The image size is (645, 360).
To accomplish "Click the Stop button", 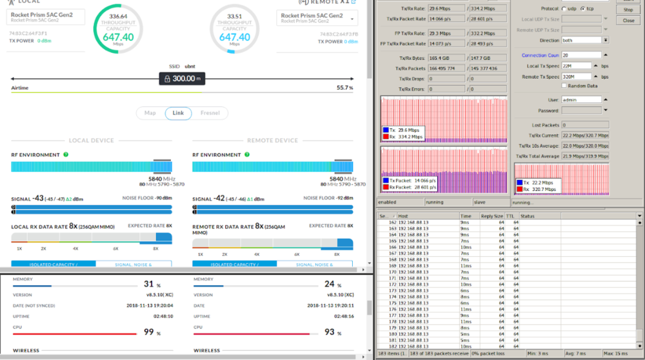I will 628,10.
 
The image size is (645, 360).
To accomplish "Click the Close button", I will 628,21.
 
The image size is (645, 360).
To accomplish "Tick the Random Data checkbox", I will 564,85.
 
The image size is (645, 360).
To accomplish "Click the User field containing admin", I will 580,99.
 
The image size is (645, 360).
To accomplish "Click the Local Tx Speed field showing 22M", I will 580,66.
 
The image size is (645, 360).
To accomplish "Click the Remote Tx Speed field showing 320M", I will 580,77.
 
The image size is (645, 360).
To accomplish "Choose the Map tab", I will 150,113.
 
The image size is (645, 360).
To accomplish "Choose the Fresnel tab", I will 210,113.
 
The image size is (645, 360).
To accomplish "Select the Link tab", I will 179,113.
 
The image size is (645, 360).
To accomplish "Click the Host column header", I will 403,216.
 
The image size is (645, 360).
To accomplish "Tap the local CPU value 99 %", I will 150,332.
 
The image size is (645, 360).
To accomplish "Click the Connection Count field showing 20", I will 580,55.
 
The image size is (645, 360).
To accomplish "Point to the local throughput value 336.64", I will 118,16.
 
